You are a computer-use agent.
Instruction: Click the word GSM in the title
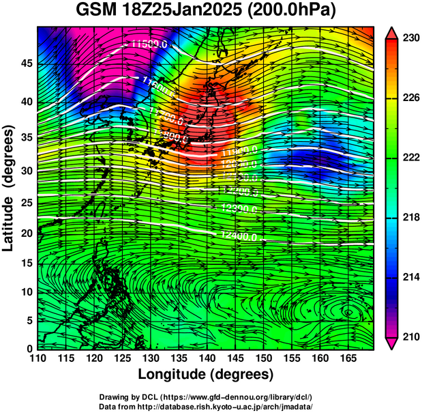tap(97, 11)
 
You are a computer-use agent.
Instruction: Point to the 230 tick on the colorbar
tap(410, 38)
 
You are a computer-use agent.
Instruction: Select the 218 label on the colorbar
tap(410, 217)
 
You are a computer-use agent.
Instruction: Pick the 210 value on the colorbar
tap(410, 336)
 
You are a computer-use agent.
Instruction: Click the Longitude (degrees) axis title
tap(206, 374)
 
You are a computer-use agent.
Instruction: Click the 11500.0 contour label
tap(149, 44)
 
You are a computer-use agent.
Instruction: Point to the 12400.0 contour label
tap(240, 236)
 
